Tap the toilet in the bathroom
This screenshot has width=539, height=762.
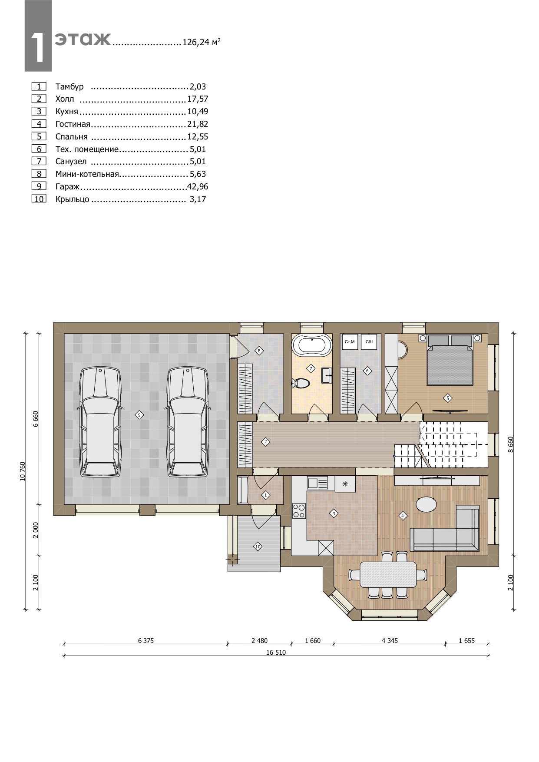coord(300,383)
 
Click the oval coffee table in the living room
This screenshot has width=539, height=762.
coord(427,504)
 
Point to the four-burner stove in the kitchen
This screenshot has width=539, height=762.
coord(299,510)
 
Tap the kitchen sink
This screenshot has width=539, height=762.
coord(317,483)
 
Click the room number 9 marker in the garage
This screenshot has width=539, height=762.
coord(139,415)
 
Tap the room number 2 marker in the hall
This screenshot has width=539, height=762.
coord(265,442)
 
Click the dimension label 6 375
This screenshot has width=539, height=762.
coord(146,640)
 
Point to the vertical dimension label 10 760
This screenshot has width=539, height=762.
coord(23,471)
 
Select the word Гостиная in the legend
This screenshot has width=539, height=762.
coord(73,124)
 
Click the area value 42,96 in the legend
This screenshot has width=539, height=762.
coord(198,187)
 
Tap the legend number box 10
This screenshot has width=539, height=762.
coord(39,199)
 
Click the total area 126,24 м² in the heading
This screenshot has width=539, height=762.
coord(201,42)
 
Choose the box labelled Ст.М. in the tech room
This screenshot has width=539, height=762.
coord(350,342)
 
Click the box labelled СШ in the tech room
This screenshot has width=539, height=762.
coord(369,342)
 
